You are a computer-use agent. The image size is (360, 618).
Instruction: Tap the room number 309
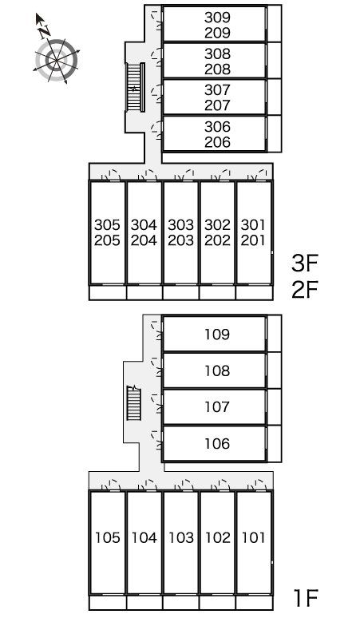(217, 18)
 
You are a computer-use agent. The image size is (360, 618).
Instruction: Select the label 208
(217, 69)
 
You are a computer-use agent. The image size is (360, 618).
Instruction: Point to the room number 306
(217, 127)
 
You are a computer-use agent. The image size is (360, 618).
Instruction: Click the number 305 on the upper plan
(107, 225)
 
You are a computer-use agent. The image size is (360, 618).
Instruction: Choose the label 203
(180, 240)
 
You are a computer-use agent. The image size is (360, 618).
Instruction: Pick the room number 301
(253, 225)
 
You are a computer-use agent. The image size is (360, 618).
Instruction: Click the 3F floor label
(304, 263)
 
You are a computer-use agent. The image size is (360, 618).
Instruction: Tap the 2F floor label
(304, 290)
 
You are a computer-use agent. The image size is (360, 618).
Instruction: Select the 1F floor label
(306, 598)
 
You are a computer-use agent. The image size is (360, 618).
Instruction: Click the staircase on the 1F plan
(133, 402)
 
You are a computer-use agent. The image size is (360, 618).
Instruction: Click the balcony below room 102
(217, 602)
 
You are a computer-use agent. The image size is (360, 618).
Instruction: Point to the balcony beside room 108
(274, 370)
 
